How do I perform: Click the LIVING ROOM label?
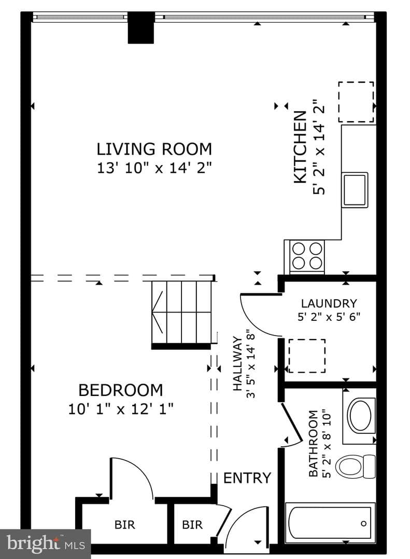point(154,149)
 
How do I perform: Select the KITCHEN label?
point(300,147)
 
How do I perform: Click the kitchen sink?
point(355,189)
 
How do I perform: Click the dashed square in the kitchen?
point(356,101)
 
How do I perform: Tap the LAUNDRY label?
point(329,303)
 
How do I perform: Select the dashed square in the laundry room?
point(307,356)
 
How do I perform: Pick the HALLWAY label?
point(237,363)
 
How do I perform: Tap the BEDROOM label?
point(121,390)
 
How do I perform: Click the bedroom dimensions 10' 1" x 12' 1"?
point(121,408)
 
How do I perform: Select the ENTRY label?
point(247,478)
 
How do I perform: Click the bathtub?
point(330,523)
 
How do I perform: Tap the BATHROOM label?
point(313,444)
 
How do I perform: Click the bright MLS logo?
point(46,543)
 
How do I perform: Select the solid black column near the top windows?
point(141,27)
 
